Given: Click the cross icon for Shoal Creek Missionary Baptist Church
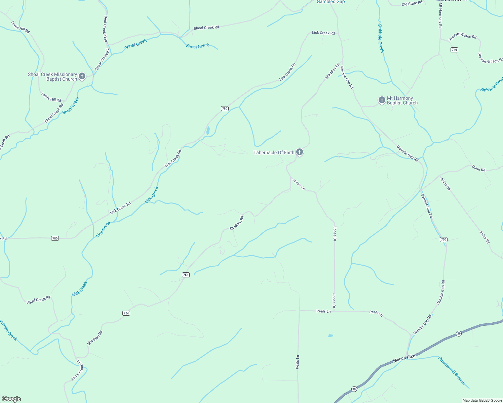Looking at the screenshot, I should point(82,77).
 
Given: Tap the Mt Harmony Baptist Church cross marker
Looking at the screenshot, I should point(382,100).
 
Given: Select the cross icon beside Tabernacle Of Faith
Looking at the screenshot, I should point(300,152).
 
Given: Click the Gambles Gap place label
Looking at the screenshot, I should point(331,2).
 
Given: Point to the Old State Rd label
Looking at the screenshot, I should point(412,4).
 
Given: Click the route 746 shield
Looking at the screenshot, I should point(454,50).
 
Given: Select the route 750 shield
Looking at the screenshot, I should point(443,239).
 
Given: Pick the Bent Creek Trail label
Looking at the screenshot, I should point(106,29).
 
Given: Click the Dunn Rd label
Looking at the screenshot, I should point(478,168).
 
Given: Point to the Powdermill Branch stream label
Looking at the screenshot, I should point(452,370).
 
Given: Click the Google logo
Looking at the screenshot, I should point(11,399).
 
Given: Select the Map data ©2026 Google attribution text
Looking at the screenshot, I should point(482,400).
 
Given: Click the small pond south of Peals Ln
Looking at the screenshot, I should point(331,335).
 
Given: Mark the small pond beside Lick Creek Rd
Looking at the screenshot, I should point(208,131).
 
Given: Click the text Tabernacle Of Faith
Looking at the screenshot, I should point(274,152).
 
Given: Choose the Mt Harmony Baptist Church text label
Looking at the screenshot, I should point(402,101).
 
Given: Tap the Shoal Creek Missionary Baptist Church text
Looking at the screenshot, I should point(52,77).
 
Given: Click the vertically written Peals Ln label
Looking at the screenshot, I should point(298,362).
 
